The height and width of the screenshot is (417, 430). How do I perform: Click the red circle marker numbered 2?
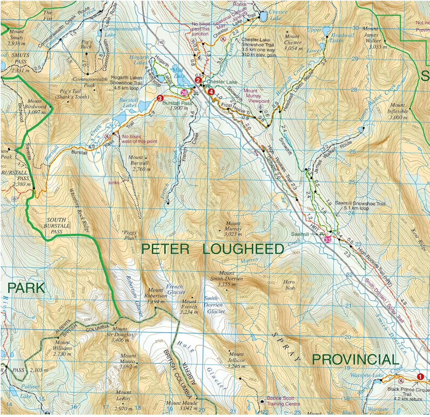tap(198, 80)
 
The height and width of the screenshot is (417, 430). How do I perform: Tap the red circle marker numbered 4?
tap(211, 92)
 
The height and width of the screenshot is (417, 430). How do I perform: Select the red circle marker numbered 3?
tap(160, 98)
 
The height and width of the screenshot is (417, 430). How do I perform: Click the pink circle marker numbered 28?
tap(184, 93)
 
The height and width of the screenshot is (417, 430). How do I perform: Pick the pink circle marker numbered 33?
tap(328, 240)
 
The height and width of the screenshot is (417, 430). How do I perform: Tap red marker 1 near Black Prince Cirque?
tap(420, 376)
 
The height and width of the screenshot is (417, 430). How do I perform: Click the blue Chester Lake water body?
tap(263, 16)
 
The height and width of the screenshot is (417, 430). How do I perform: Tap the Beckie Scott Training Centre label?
tap(283, 401)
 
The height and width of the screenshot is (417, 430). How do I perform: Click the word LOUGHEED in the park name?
tap(243, 249)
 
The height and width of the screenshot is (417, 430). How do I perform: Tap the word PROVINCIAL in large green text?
tap(355, 360)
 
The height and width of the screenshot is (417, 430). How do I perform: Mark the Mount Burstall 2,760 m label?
tap(139, 163)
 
